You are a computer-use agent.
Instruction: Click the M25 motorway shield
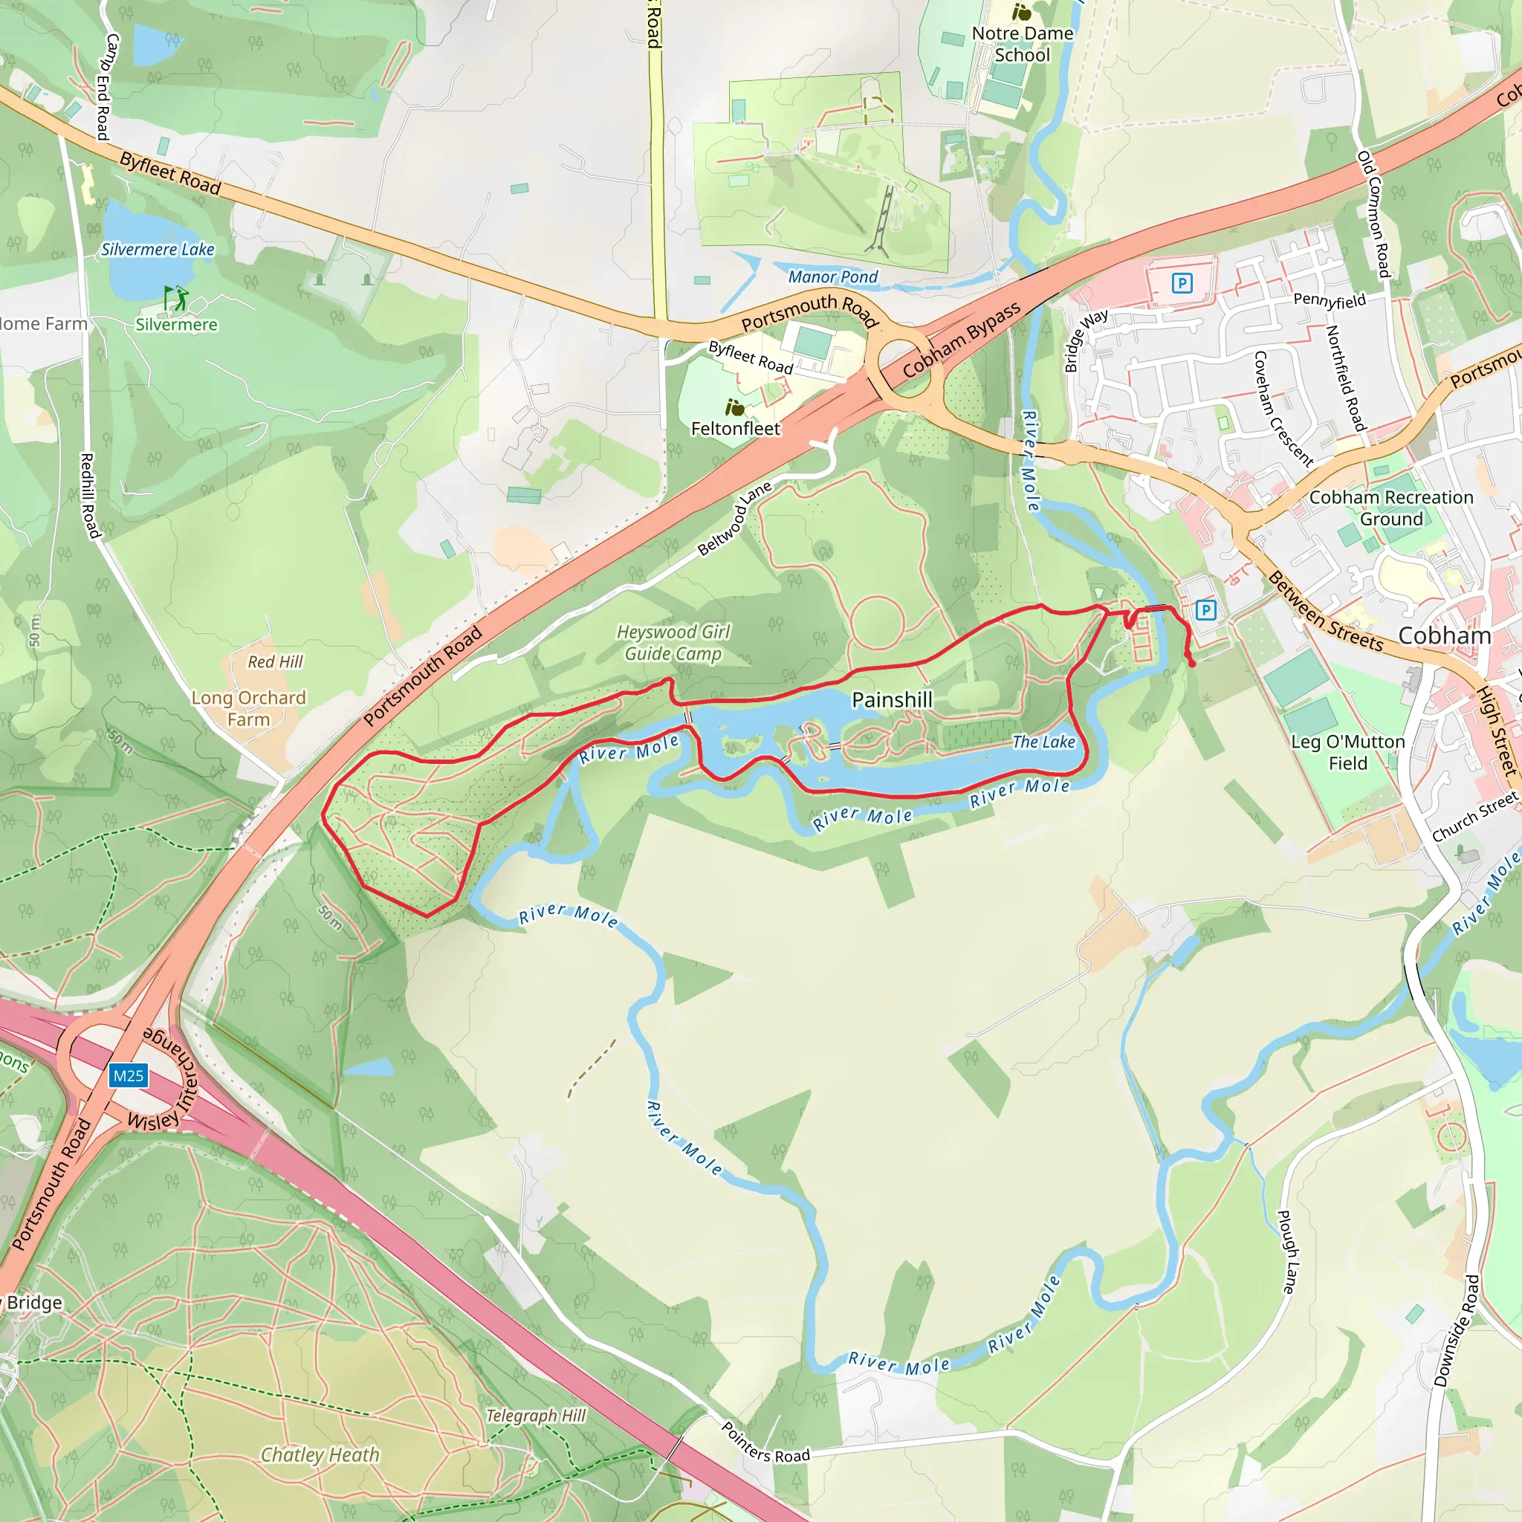point(129,1076)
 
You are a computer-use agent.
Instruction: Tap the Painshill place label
point(892,699)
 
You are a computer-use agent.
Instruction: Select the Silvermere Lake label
point(158,250)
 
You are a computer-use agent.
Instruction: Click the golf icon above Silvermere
point(176,299)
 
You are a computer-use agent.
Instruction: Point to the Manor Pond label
point(832,276)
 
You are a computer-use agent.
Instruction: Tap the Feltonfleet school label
point(735,429)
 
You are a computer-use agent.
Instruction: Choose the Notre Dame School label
point(1022,44)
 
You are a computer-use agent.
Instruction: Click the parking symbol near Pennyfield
point(1182,283)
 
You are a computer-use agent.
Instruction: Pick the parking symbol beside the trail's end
point(1205,609)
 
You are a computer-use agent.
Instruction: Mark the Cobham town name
point(1444,635)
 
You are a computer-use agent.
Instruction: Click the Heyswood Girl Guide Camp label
point(673,643)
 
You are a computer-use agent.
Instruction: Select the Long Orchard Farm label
point(248,708)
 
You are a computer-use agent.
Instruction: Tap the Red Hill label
point(275,661)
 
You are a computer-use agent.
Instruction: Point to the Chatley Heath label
point(320,1454)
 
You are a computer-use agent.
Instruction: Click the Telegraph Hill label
point(536,1416)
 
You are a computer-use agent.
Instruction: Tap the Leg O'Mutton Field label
point(1348,752)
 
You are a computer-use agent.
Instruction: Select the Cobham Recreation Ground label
point(1391,508)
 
